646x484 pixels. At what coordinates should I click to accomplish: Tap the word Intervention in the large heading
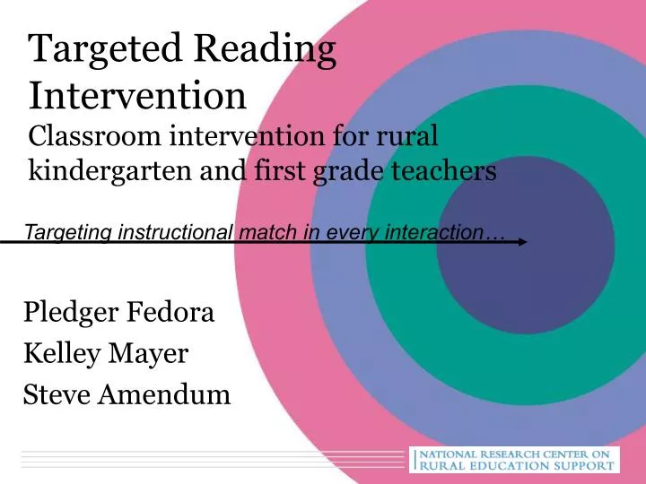pyautogui.click(x=138, y=94)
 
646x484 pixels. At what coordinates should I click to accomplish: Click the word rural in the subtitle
pyautogui.click(x=411, y=136)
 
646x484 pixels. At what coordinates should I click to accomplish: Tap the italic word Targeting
pyautogui.click(x=64, y=233)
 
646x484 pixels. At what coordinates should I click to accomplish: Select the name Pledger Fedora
pyautogui.click(x=119, y=314)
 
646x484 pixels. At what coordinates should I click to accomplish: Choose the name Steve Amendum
pyautogui.click(x=127, y=393)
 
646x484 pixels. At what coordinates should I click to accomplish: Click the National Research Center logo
pyautogui.click(x=513, y=460)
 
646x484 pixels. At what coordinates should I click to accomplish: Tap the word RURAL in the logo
pyautogui.click(x=448, y=466)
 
